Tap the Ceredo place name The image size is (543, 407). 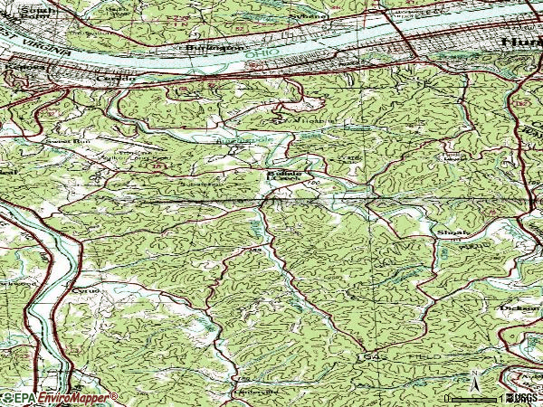pyautogui.click(x=124, y=79)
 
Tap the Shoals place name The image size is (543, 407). pyautogui.click(x=451, y=232)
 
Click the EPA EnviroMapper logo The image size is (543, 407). pyautogui.click(x=59, y=397)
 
